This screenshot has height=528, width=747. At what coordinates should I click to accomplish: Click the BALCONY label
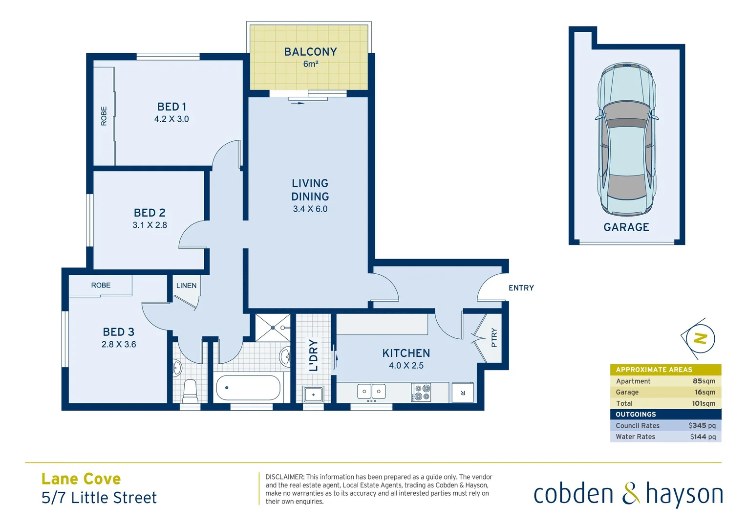click(310, 52)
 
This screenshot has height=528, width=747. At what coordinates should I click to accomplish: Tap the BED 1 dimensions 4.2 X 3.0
click(171, 119)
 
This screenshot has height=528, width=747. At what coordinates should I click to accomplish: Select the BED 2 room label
click(149, 213)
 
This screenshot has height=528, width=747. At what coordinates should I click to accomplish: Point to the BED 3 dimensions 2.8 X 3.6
click(119, 345)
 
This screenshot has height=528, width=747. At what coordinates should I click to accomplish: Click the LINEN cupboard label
click(186, 286)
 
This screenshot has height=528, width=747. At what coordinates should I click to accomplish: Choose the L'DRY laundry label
click(313, 355)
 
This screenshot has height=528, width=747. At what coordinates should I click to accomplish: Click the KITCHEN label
click(406, 353)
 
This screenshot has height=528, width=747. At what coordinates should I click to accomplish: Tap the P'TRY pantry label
click(494, 338)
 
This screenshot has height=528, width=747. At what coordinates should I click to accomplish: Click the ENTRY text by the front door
click(521, 288)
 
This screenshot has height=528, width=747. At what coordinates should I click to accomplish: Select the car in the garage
click(626, 139)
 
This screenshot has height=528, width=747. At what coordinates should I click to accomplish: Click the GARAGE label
click(626, 227)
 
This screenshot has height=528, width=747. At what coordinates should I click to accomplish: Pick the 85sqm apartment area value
click(704, 381)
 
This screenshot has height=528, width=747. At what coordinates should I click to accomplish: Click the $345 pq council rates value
click(702, 426)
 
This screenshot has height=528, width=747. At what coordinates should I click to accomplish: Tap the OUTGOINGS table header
click(636, 415)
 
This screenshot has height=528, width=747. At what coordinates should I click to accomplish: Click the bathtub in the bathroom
click(248, 388)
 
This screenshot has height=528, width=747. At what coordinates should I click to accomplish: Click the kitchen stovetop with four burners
click(422, 393)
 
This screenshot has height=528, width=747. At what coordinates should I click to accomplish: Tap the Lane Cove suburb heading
click(81, 479)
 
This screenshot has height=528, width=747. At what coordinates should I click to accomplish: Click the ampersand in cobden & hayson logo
click(631, 494)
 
